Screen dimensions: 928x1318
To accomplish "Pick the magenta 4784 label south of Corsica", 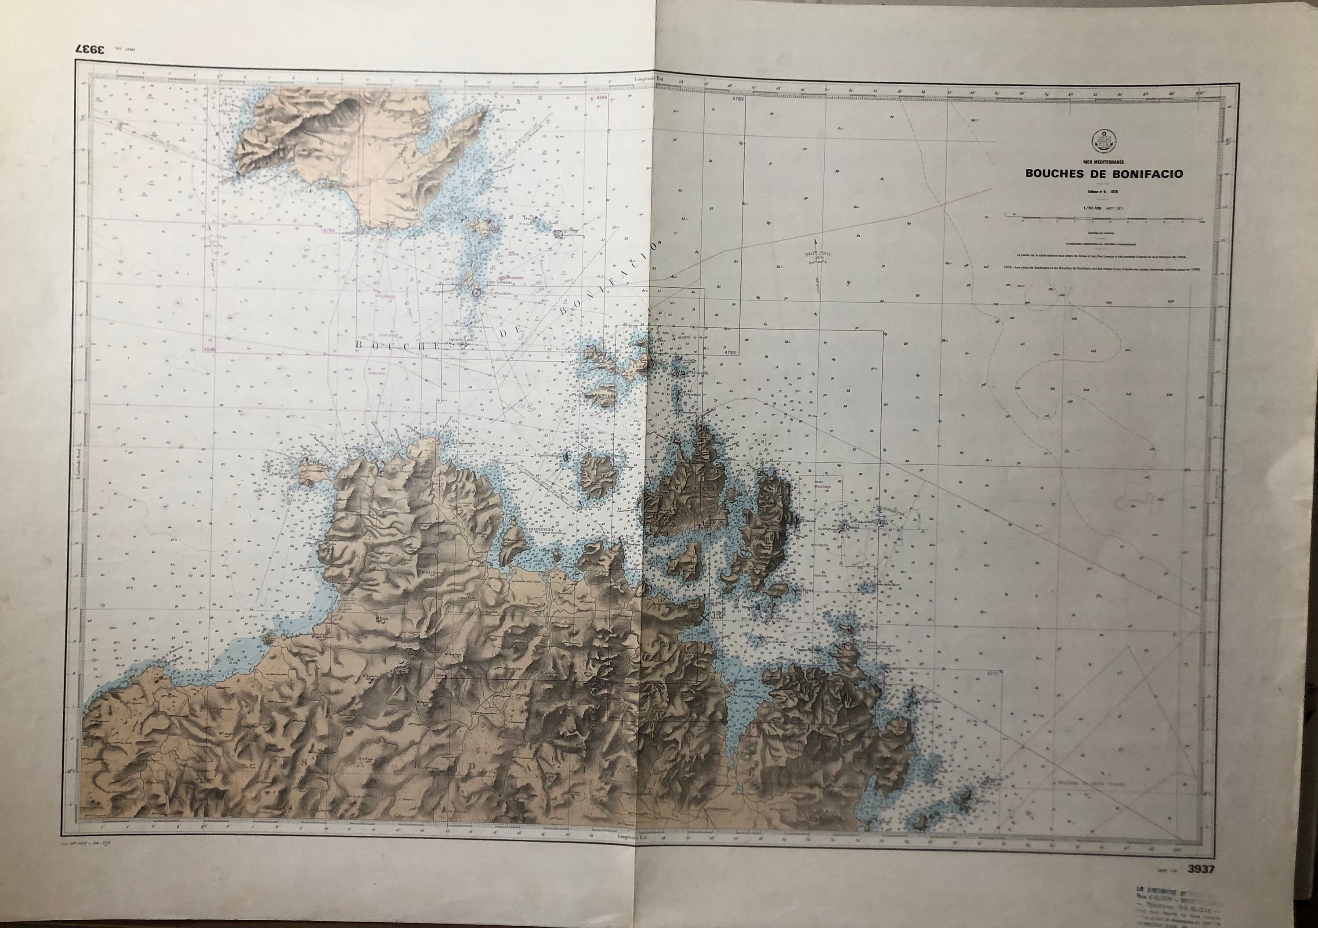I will pos(328,230).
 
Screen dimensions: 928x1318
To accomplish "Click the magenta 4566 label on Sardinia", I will pos(442,675).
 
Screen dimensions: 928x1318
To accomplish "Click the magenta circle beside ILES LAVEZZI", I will pos(476,292).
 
